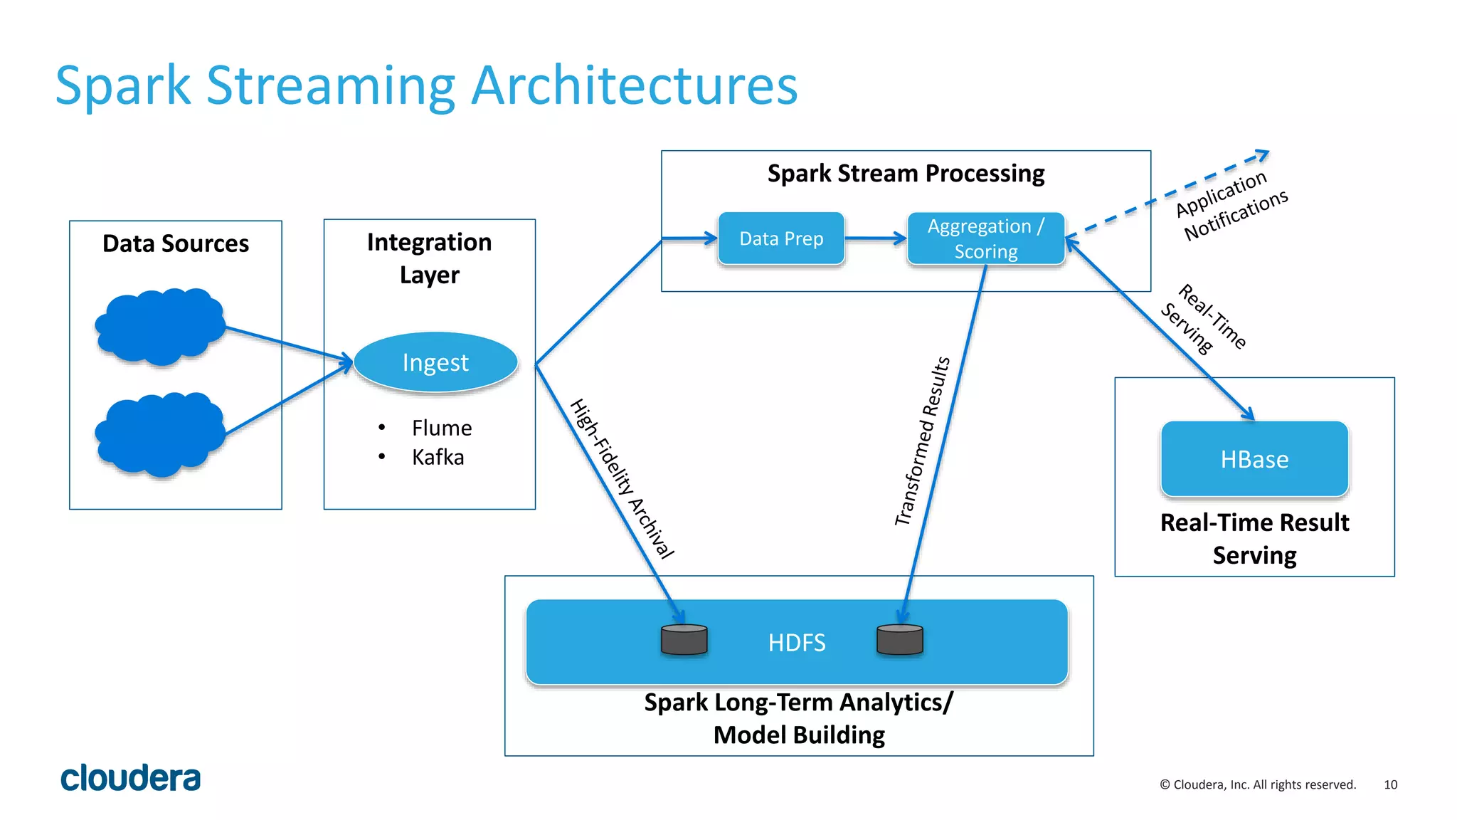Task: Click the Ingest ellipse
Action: [435, 362]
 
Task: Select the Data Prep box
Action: [781, 238]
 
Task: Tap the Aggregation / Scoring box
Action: [985, 238]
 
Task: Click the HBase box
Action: [1254, 459]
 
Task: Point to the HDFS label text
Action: [796, 643]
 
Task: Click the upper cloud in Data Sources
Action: [160, 326]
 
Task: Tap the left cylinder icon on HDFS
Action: [684, 639]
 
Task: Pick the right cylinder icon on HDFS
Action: [899, 639]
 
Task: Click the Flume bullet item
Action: [441, 428]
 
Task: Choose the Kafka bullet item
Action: [438, 457]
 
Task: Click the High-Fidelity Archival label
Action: [622, 478]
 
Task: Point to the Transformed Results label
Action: [922, 441]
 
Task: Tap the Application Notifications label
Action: [1231, 205]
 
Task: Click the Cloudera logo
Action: [130, 778]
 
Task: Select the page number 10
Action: [1390, 784]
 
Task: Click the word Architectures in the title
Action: [634, 85]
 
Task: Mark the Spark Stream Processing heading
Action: [906, 173]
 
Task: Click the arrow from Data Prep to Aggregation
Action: [875, 238]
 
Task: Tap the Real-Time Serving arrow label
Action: [1203, 318]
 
